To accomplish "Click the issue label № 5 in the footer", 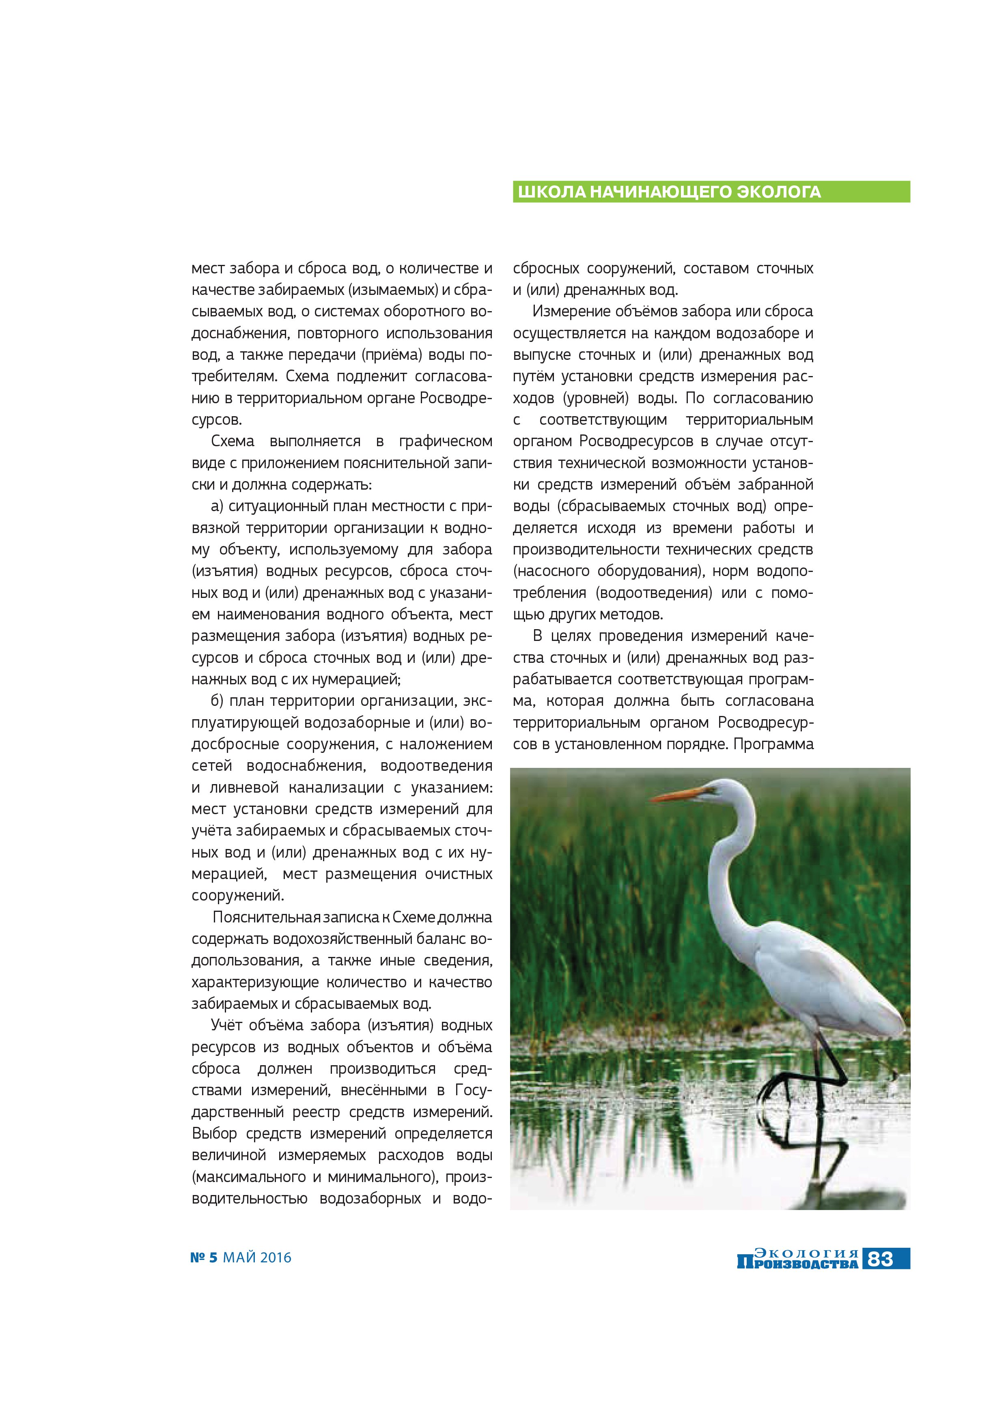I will click(204, 1257).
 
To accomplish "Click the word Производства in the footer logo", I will click(797, 1262).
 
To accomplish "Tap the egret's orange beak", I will click(679, 795).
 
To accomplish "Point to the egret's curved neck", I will click(725, 868).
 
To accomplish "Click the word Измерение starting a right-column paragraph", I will click(573, 311).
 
